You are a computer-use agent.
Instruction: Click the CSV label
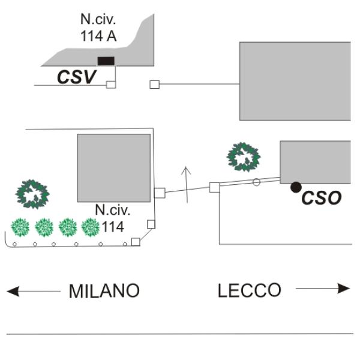[77, 76]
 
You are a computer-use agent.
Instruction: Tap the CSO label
[322, 197]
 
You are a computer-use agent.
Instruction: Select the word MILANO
[104, 291]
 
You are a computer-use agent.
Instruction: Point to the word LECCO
[249, 291]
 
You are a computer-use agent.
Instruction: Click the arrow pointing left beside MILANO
[33, 291]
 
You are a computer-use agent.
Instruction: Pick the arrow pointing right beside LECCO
[323, 289]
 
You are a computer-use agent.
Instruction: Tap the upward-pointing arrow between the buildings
[187, 184]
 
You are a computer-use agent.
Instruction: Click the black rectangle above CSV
[106, 61]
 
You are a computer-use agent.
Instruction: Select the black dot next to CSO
[296, 187]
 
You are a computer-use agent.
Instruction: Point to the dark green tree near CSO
[244, 157]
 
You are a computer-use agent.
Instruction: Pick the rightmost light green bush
[90, 227]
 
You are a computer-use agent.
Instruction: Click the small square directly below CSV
[110, 85]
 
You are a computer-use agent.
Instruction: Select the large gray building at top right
[295, 80]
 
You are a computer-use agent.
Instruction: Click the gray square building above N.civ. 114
[113, 167]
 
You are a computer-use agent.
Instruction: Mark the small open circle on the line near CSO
[256, 182]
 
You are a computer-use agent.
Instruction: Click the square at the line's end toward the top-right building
[154, 85]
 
